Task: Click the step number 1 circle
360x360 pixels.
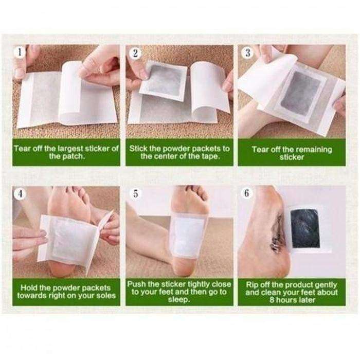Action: point(20,52)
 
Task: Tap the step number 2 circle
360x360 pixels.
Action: point(135,52)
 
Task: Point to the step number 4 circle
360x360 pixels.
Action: point(20,194)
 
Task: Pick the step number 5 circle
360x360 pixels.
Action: point(135,194)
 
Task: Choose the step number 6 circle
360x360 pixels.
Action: point(247,194)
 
